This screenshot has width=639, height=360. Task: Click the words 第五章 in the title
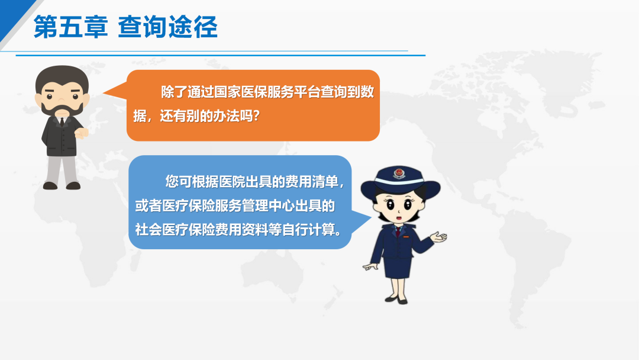70,27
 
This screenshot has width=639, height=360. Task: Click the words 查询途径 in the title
167,27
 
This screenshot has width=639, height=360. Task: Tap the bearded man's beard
62,110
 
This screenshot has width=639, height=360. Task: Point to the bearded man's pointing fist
82,133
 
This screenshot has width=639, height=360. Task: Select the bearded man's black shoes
62,185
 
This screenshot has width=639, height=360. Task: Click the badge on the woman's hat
399,173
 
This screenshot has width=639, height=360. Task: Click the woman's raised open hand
438,237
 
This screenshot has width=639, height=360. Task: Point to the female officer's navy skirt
397,266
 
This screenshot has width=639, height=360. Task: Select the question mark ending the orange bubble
256,116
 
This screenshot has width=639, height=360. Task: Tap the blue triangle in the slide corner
14,17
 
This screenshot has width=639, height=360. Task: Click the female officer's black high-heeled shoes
396,300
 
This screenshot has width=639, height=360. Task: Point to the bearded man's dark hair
62,78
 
